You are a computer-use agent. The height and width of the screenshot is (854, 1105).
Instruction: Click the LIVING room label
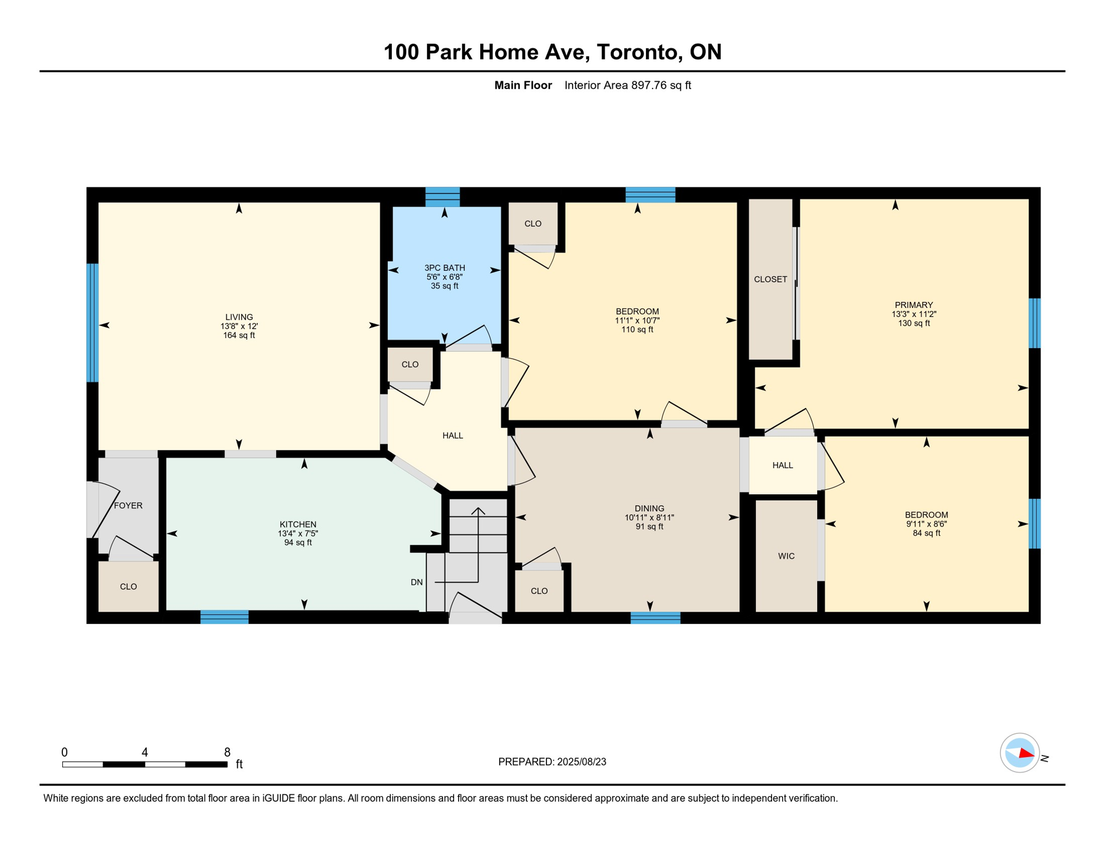click(239, 317)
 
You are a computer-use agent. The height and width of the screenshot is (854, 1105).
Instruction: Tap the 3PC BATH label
click(445, 268)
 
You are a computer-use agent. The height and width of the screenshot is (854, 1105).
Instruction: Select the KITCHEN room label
click(298, 524)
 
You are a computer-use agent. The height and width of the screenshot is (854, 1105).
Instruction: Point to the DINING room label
click(649, 508)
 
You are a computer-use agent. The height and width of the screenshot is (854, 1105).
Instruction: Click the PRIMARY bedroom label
click(914, 305)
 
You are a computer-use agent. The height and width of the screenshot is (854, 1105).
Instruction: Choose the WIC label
click(786, 556)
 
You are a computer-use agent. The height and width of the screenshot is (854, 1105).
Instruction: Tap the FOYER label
click(128, 505)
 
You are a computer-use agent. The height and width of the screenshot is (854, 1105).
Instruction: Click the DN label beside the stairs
click(417, 582)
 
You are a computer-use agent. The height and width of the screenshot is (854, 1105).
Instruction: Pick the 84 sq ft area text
click(927, 533)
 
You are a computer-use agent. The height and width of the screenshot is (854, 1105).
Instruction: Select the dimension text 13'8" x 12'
click(239, 326)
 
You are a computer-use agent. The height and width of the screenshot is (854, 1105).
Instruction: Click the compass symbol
click(1020, 753)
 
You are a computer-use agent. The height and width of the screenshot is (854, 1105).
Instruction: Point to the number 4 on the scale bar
click(145, 752)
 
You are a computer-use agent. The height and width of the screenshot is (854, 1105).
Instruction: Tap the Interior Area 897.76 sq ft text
click(628, 85)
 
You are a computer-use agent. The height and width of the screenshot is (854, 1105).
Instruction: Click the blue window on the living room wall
click(93, 323)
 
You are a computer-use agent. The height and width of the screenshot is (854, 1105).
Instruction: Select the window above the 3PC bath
click(442, 197)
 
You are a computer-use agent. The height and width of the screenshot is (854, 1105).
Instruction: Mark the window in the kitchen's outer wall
click(225, 617)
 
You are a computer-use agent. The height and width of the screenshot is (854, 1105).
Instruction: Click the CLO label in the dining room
click(539, 591)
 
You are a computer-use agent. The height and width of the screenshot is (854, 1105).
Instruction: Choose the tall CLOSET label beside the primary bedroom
click(770, 279)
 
